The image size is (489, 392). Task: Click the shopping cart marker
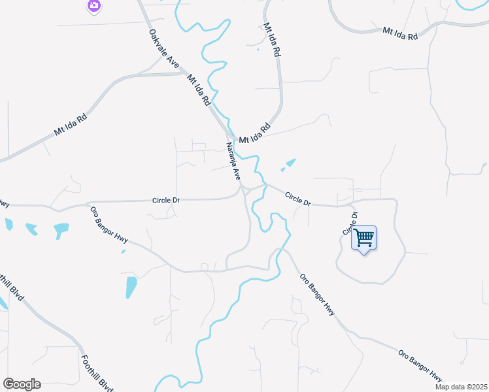[364, 237]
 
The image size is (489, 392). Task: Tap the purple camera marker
[94, 6]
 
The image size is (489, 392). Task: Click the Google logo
[22, 384]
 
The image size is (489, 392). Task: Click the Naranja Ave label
[233, 161]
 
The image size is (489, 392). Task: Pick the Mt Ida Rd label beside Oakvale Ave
[198, 91]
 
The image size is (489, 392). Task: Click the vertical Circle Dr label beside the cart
[348, 223]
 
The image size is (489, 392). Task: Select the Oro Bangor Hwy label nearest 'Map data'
[420, 366]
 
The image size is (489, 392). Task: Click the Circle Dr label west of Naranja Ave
[166, 200]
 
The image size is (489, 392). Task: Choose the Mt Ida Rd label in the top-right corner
[400, 33]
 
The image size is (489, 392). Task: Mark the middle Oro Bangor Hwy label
[317, 294]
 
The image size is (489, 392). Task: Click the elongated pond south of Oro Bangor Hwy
[131, 287]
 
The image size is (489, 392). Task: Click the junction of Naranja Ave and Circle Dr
[243, 189]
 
